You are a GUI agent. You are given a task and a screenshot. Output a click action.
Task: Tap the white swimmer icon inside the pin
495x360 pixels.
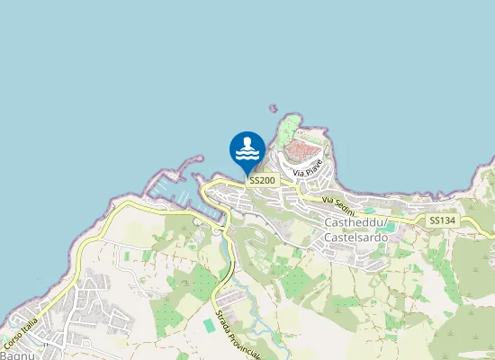click(x=247, y=148)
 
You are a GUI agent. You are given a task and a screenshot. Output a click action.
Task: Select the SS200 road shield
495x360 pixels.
click(x=263, y=181)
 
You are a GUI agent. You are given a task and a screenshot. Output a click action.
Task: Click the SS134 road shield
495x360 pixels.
click(x=442, y=220)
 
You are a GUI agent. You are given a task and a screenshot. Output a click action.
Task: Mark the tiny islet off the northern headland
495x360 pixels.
click(x=273, y=108)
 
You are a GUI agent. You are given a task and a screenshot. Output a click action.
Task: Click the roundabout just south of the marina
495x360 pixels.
click(x=218, y=229)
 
